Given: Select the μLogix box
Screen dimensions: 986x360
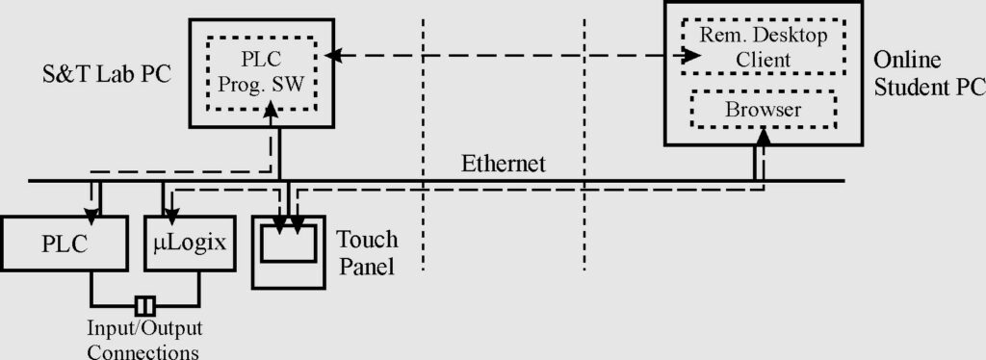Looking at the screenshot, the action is tap(189, 244).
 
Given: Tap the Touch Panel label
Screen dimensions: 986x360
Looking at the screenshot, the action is tap(367, 253).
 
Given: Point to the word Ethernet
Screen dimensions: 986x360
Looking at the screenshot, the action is tap(503, 164).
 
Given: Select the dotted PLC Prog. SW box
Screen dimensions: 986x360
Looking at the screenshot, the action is tap(262, 73).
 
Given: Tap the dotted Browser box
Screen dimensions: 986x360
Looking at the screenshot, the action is tap(764, 110).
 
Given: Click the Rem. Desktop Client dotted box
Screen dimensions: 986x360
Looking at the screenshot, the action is tap(764, 48).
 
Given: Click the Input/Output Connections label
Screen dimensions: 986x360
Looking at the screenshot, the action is tap(144, 339).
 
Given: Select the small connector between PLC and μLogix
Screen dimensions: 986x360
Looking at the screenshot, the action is tap(144, 306).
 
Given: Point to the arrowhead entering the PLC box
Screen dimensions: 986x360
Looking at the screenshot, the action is tap(92, 215).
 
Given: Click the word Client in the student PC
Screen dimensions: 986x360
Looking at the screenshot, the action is tap(764, 60).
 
